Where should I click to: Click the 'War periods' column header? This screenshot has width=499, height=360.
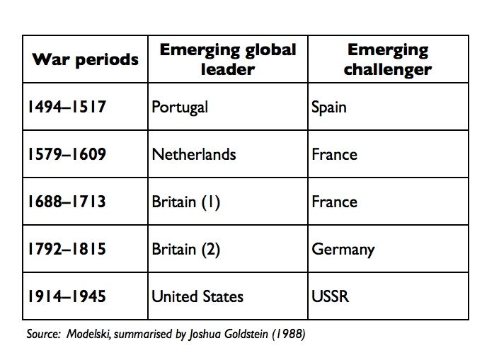[85, 59]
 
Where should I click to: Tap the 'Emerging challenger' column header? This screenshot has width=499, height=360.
[388, 59]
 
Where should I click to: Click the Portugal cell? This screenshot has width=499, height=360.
[180, 108]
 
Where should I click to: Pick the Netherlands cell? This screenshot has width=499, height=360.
[194, 154]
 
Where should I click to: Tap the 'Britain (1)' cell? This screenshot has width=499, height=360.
[186, 202]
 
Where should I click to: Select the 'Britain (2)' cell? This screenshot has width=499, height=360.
[186, 249]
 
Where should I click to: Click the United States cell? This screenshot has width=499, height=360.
[197, 296]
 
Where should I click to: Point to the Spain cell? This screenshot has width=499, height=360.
[328, 108]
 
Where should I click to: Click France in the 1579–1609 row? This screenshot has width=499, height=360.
[334, 154]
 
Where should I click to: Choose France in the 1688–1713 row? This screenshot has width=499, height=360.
[334, 202]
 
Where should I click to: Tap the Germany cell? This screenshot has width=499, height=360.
[343, 249]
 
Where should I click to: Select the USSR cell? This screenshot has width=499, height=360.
[331, 296]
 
